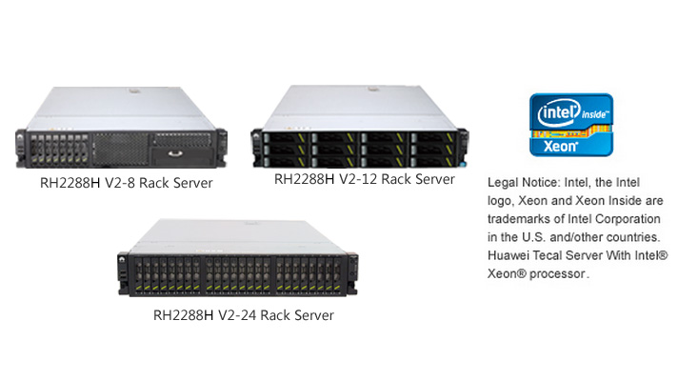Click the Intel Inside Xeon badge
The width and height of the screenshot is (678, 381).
[x=571, y=125]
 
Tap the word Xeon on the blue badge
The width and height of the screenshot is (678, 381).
[x=560, y=146]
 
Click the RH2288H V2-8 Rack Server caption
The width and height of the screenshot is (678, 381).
[x=127, y=183]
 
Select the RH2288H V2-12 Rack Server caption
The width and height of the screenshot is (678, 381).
[x=365, y=179]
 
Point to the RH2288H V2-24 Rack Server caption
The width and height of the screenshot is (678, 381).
[x=244, y=315]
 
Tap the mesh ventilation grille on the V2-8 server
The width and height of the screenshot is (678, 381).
[x=121, y=150]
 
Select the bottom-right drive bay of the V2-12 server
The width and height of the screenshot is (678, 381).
[x=433, y=161]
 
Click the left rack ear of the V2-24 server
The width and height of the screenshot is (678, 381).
[x=123, y=273]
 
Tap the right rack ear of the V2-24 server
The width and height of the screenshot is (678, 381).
[x=352, y=273]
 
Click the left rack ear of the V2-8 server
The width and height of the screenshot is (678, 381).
[x=21, y=148]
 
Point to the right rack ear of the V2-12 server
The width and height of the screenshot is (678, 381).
[x=463, y=148]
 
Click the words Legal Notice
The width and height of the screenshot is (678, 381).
[x=523, y=183]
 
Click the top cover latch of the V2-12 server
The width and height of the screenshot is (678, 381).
[x=371, y=90]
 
